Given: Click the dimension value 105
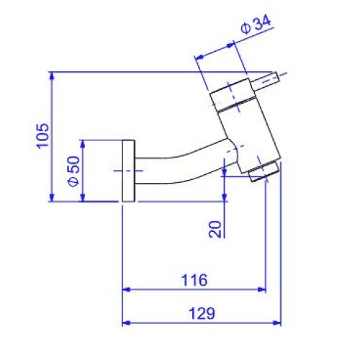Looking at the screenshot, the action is (42, 136).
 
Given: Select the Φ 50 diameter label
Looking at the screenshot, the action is (73, 171).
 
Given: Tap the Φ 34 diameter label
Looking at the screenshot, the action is (256, 24).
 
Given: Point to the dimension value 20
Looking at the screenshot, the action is (215, 229).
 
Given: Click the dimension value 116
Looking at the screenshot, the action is (194, 280).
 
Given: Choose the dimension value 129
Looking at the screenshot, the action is (202, 313).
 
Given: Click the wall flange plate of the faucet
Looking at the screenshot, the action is (128, 171).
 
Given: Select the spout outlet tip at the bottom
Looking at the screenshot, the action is (264, 171).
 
